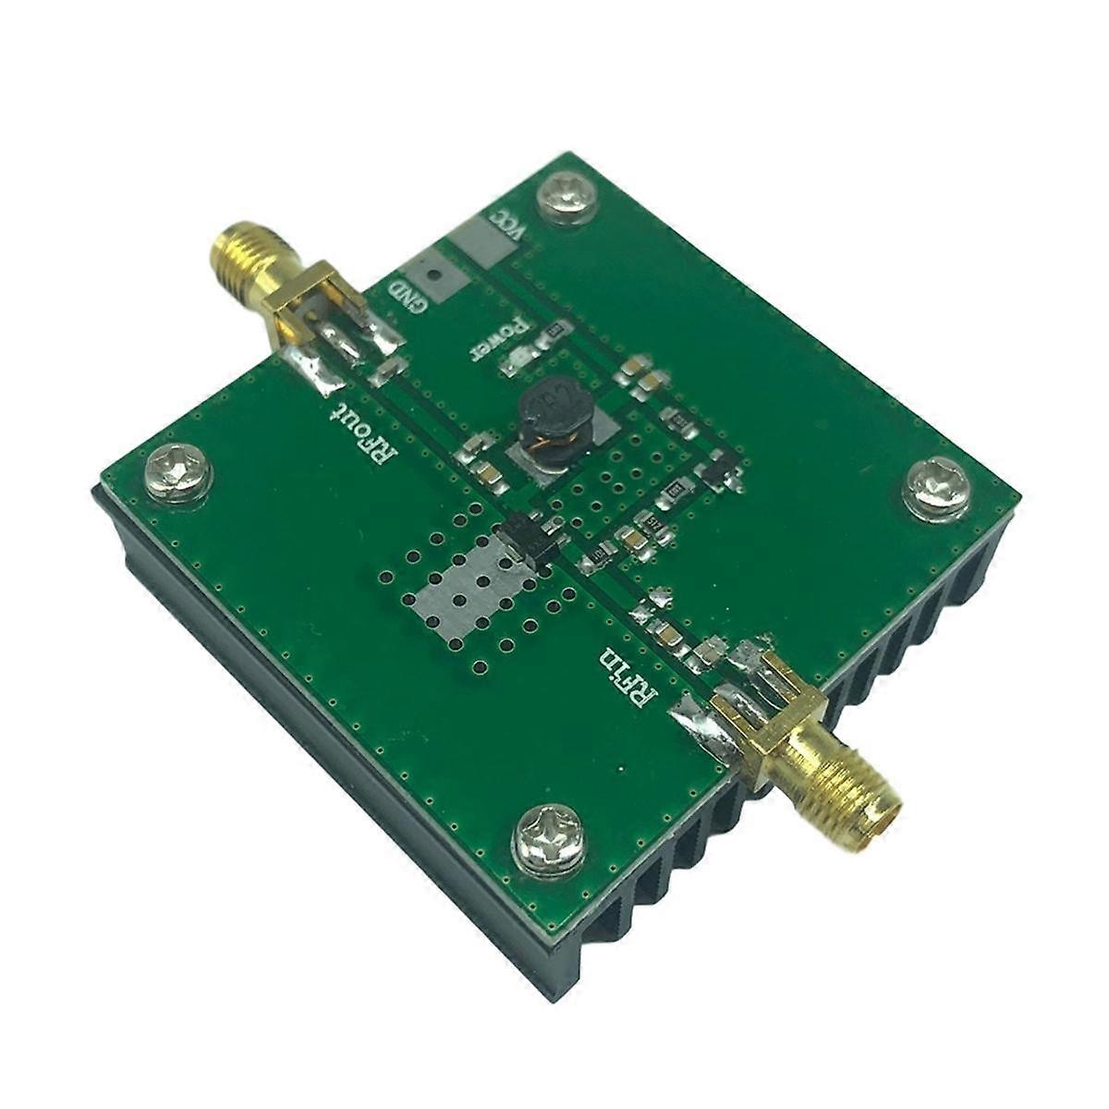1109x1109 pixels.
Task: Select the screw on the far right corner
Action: [x=934, y=486]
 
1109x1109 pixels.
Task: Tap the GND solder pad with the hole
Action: [x=433, y=274]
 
